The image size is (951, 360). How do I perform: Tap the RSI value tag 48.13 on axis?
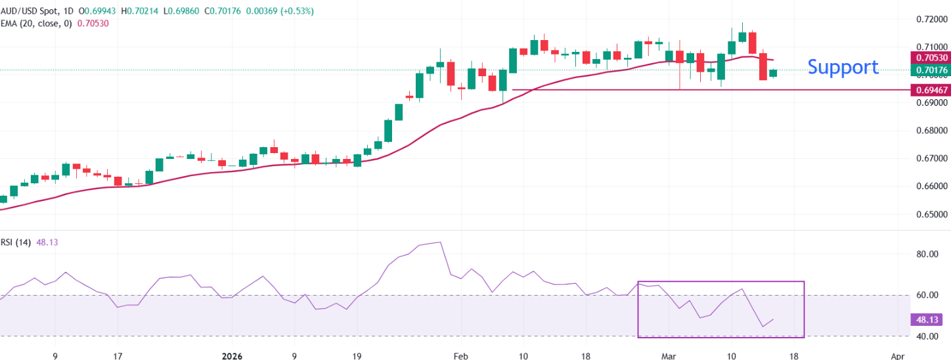tap(927, 320)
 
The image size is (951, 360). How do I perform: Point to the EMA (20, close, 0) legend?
tap(37, 23)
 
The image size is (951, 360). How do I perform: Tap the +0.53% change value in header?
tap(296, 11)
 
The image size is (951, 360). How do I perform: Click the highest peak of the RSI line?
tap(439, 242)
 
